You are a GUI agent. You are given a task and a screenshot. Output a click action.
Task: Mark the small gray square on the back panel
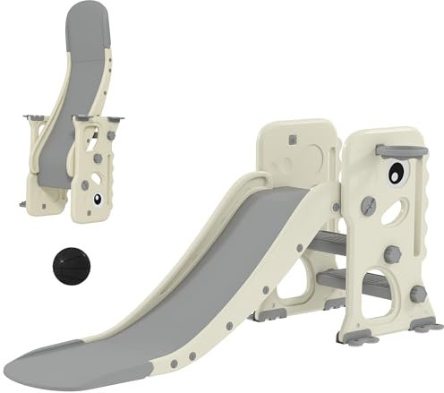pos(291,141)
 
